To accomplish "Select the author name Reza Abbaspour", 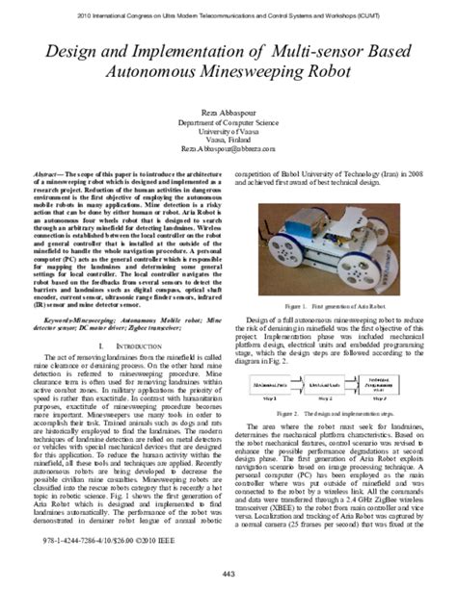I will [x=228, y=114].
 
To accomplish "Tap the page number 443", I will [x=228, y=576].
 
